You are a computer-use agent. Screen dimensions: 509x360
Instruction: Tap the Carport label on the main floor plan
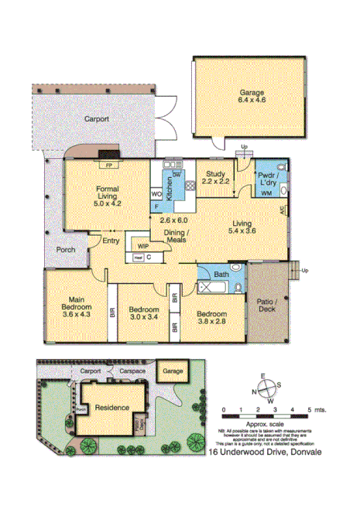tap(97, 119)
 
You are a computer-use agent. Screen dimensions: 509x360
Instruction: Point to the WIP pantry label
tap(142, 245)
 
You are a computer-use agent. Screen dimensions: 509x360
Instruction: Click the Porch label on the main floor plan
tap(66, 251)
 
